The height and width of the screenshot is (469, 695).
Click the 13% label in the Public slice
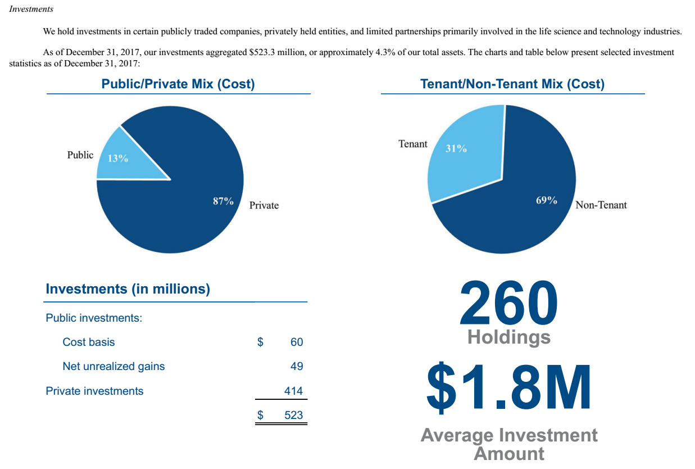point(117,159)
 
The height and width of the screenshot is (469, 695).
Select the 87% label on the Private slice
point(223,201)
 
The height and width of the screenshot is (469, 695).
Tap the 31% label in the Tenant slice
point(456,149)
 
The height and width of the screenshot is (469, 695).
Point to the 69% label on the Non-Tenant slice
point(546,201)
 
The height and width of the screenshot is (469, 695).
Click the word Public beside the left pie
point(80,155)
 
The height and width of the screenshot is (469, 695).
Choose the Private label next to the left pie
point(264,205)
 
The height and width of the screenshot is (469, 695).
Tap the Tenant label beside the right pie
point(413,144)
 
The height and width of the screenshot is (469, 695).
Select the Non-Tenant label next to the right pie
point(601,205)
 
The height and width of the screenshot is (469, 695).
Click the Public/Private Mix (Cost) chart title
point(178,84)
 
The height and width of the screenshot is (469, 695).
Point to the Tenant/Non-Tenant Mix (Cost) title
point(512,84)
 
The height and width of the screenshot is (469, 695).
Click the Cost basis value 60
point(296,342)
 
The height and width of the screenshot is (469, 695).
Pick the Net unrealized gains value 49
point(296,366)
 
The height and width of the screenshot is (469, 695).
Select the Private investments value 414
point(293,391)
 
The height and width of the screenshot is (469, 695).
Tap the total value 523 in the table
point(293,416)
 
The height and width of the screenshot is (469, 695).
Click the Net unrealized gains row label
point(113,366)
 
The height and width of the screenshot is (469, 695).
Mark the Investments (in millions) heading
point(128,289)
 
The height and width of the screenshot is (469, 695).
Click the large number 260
point(508,303)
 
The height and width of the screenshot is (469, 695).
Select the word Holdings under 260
point(508,337)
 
